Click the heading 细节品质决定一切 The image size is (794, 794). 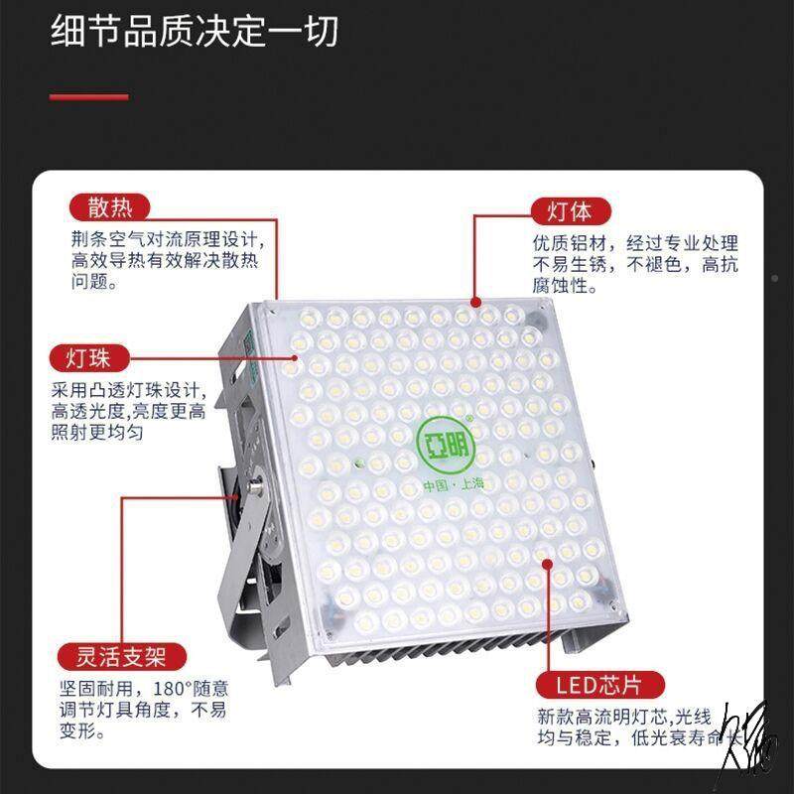pos(195,32)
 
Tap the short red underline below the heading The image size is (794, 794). pos(89,96)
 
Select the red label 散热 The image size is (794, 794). pos(109,207)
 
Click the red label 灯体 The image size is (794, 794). pos(571,211)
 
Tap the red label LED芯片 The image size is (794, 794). pos(588,685)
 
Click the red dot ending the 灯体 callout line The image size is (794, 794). pos(474,300)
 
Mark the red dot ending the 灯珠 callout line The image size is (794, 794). pos(295,357)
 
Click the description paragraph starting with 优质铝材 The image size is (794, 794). pos(635,264)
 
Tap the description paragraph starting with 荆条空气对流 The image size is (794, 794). pos(165,260)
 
